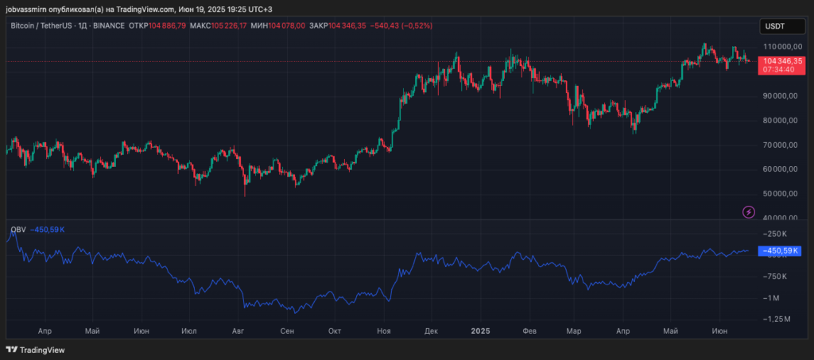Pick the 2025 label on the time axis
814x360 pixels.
click(x=480, y=330)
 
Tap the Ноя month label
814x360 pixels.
click(x=384, y=330)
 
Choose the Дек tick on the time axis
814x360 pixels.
click(x=432, y=330)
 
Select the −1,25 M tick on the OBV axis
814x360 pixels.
click(x=776, y=318)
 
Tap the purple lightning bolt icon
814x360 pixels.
click(x=749, y=211)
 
